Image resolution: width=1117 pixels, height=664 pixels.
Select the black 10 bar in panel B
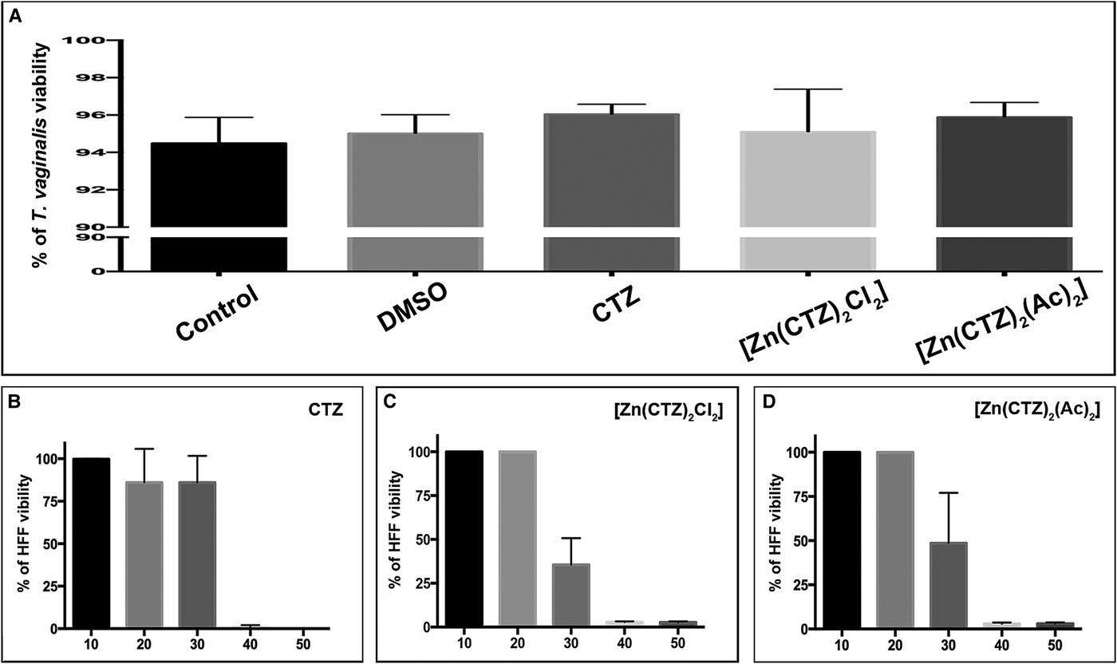pyautogui.click(x=91, y=543)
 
